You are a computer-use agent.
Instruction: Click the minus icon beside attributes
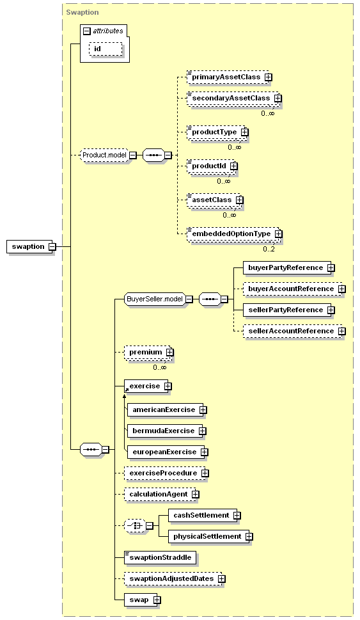click(87, 31)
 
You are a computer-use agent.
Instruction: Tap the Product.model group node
click(104, 155)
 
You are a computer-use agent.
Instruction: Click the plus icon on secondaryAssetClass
click(278, 98)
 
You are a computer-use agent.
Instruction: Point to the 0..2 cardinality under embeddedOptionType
click(269, 249)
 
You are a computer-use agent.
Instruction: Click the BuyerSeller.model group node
click(155, 299)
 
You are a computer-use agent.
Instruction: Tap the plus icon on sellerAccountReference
click(342, 331)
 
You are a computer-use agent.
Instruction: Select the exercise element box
click(146, 386)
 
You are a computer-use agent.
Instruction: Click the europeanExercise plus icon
click(205, 452)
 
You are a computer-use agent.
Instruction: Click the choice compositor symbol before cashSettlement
click(135, 526)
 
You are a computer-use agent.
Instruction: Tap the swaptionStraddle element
click(160, 557)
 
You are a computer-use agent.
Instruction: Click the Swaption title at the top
click(82, 12)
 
